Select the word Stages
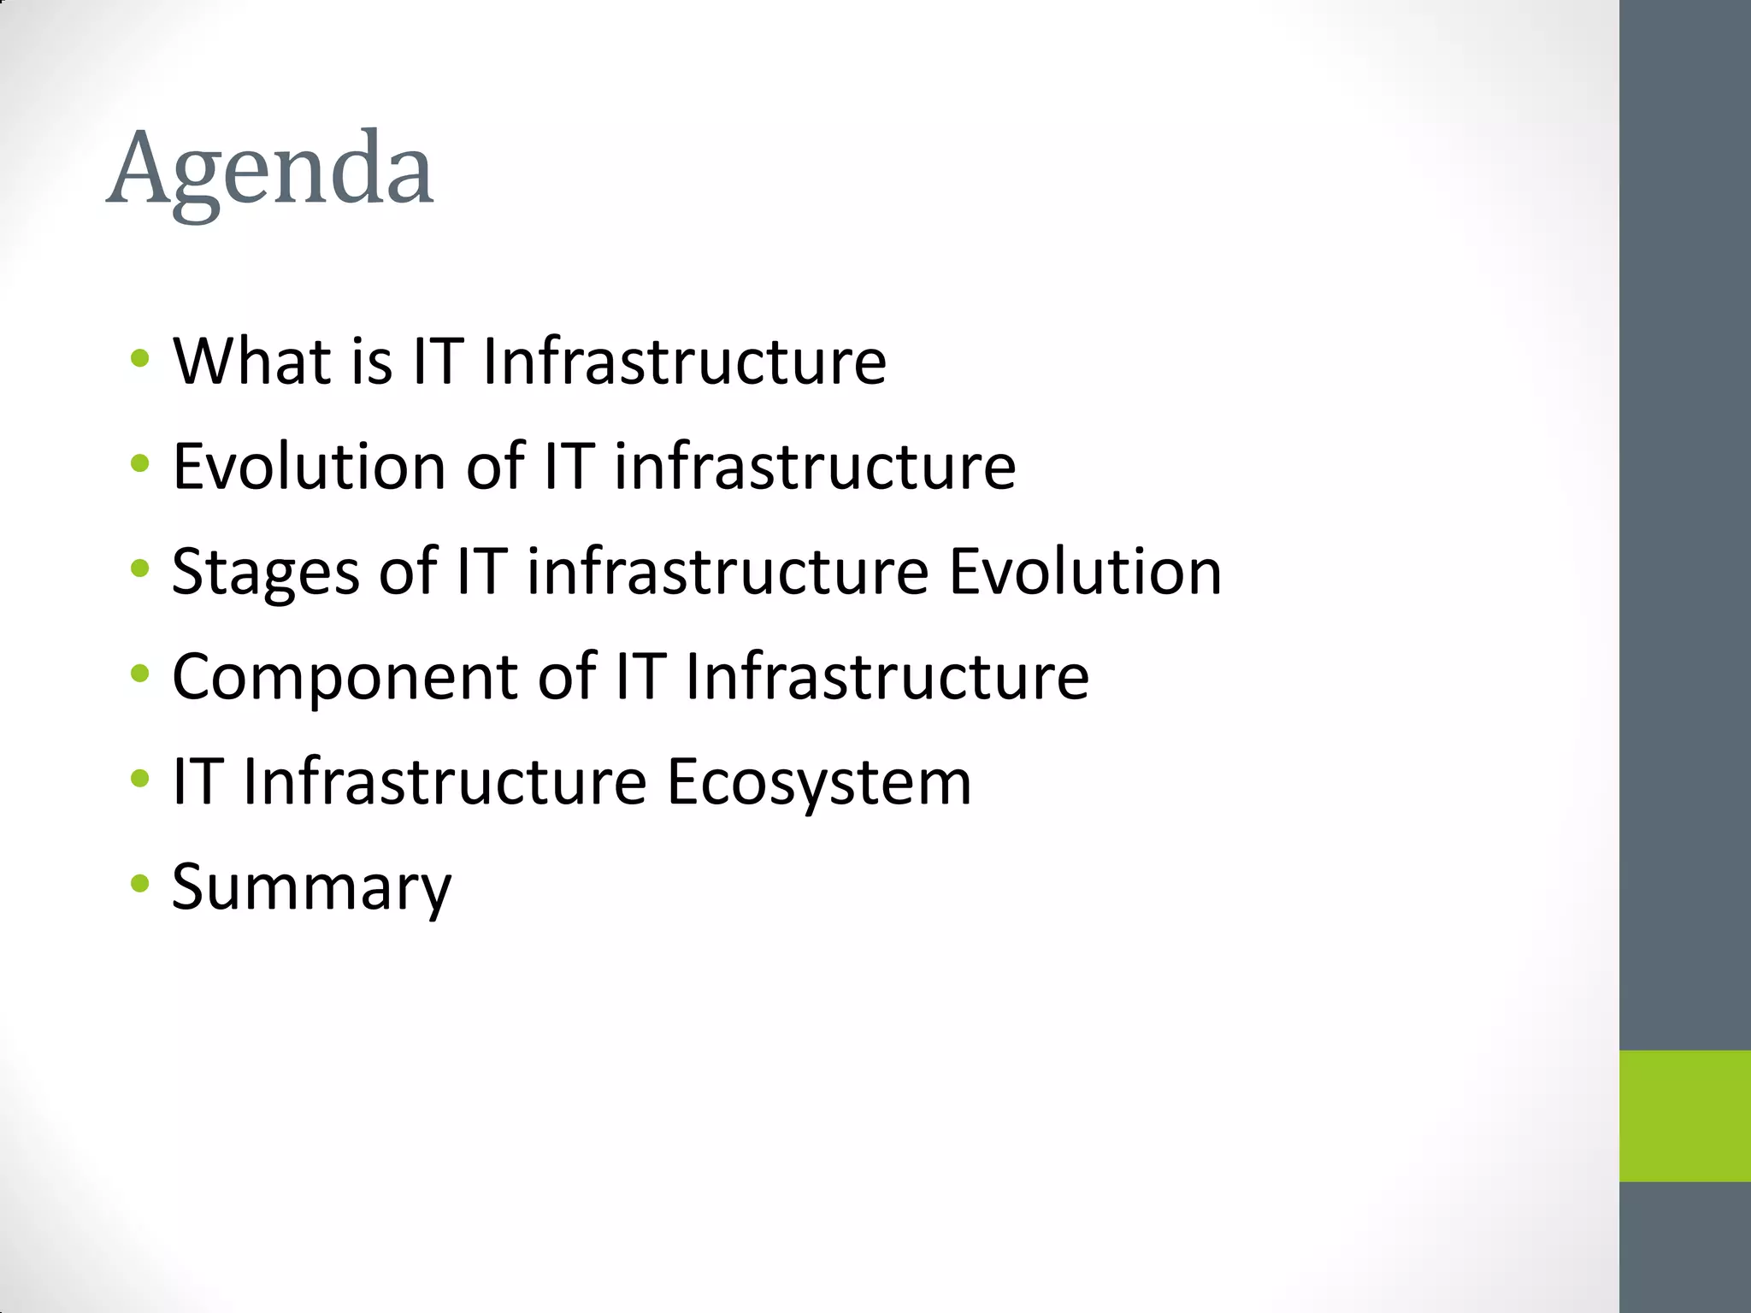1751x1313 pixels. coord(265,572)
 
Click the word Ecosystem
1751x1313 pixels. coord(818,782)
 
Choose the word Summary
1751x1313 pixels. coord(311,888)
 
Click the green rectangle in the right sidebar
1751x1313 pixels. coord(1684,1116)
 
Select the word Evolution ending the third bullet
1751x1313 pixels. coord(1085,572)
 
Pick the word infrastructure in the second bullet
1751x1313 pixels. coord(815,467)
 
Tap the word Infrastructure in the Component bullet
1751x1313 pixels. coord(887,677)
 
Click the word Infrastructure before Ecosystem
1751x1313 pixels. coord(445,782)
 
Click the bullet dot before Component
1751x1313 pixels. coord(139,673)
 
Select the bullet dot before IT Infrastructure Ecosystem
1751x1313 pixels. coord(139,778)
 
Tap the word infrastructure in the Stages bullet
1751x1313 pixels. coord(728,572)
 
